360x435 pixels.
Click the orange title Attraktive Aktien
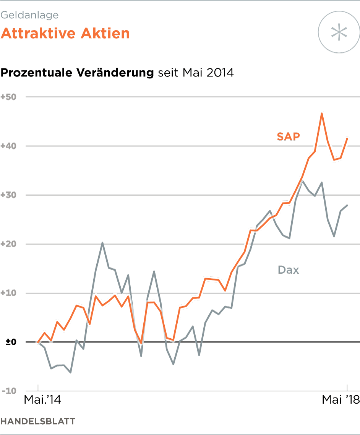[65, 34]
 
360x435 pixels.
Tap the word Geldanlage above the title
[30, 15]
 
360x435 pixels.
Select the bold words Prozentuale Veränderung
[77, 73]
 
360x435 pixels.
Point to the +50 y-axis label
[8, 97]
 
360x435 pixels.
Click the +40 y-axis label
[8, 146]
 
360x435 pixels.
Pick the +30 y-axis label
[8, 195]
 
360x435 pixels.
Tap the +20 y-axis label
[8, 244]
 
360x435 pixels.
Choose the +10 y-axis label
[8, 293]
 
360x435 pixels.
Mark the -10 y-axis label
[8, 391]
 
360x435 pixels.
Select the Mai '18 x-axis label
[341, 400]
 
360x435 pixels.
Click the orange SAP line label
[289, 136]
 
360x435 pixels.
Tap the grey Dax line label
[289, 270]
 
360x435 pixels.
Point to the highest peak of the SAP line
[322, 114]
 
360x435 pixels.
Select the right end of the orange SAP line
[347, 138]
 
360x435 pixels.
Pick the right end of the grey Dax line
[347, 205]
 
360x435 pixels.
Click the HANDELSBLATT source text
[38, 422]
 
